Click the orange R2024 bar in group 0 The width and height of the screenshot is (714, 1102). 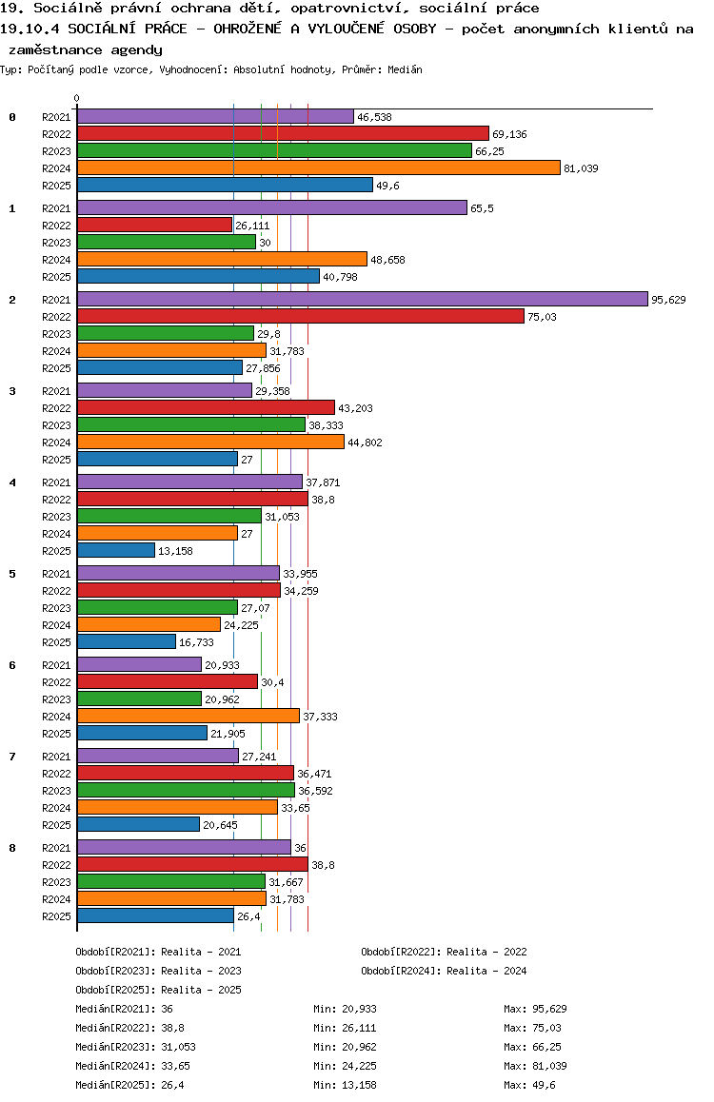pos(318,168)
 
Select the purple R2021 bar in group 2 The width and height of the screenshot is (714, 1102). pos(362,300)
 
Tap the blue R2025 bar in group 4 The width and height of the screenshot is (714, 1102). pos(115,551)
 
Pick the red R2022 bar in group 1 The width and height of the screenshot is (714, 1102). pos(154,226)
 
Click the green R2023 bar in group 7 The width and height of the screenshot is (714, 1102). pos(186,791)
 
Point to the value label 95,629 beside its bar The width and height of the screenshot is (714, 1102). pos(668,300)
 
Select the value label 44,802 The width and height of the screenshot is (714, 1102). pos(365,443)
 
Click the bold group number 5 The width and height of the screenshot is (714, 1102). pos(12,574)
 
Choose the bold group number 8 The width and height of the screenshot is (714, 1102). pos(12,848)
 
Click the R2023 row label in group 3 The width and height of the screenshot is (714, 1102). pos(57,425)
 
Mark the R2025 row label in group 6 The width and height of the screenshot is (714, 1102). pos(57,734)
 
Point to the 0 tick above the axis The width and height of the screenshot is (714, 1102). pos(77,98)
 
